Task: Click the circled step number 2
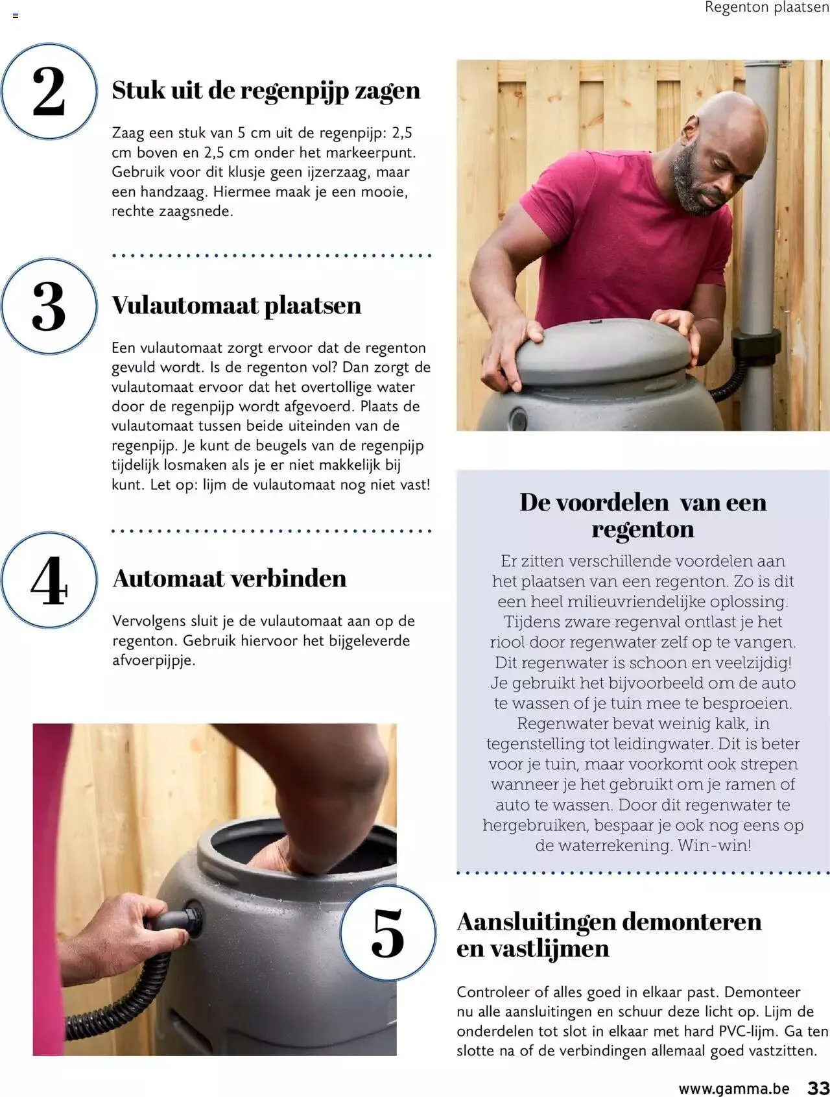[x=49, y=91]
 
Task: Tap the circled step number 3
[x=49, y=306]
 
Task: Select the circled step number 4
[x=49, y=580]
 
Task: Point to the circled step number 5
[x=388, y=933]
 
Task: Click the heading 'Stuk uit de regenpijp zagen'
[x=266, y=90]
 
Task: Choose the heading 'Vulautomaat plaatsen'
[x=236, y=305]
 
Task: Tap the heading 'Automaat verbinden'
[x=230, y=578]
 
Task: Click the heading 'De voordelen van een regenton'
[x=643, y=515]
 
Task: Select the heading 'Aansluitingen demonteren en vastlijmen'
[x=609, y=934]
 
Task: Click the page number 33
[x=818, y=1088]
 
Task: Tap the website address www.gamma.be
[x=734, y=1089]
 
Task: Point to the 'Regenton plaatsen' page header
[x=766, y=8]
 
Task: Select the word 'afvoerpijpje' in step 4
[x=153, y=660]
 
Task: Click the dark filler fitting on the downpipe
[x=756, y=344]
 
